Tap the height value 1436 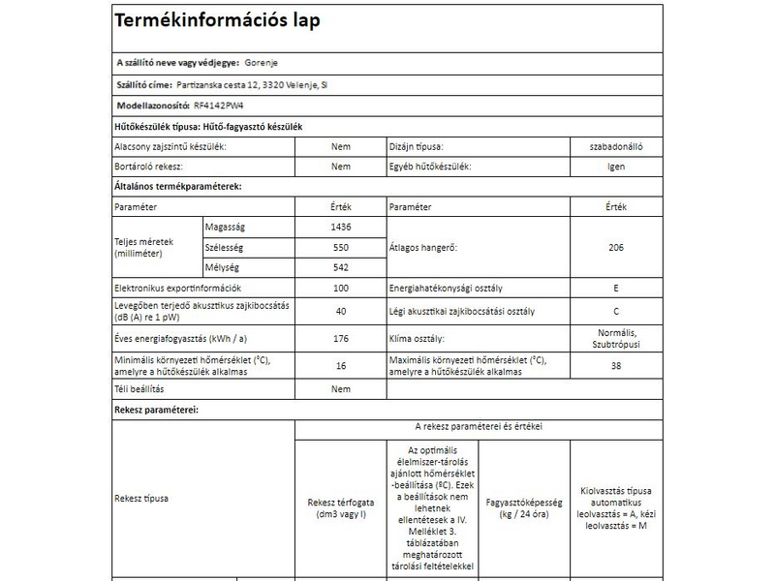click(x=340, y=227)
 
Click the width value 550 click(x=340, y=247)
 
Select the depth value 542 click(x=340, y=267)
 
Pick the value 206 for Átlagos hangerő click(x=615, y=247)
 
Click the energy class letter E click(x=615, y=289)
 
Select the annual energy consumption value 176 click(x=340, y=338)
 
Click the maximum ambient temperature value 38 click(x=615, y=365)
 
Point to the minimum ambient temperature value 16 click(x=340, y=365)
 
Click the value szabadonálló click(x=615, y=146)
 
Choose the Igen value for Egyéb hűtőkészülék click(x=615, y=167)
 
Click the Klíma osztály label click(x=417, y=338)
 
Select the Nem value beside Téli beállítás click(x=340, y=389)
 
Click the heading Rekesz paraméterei click(x=156, y=411)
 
